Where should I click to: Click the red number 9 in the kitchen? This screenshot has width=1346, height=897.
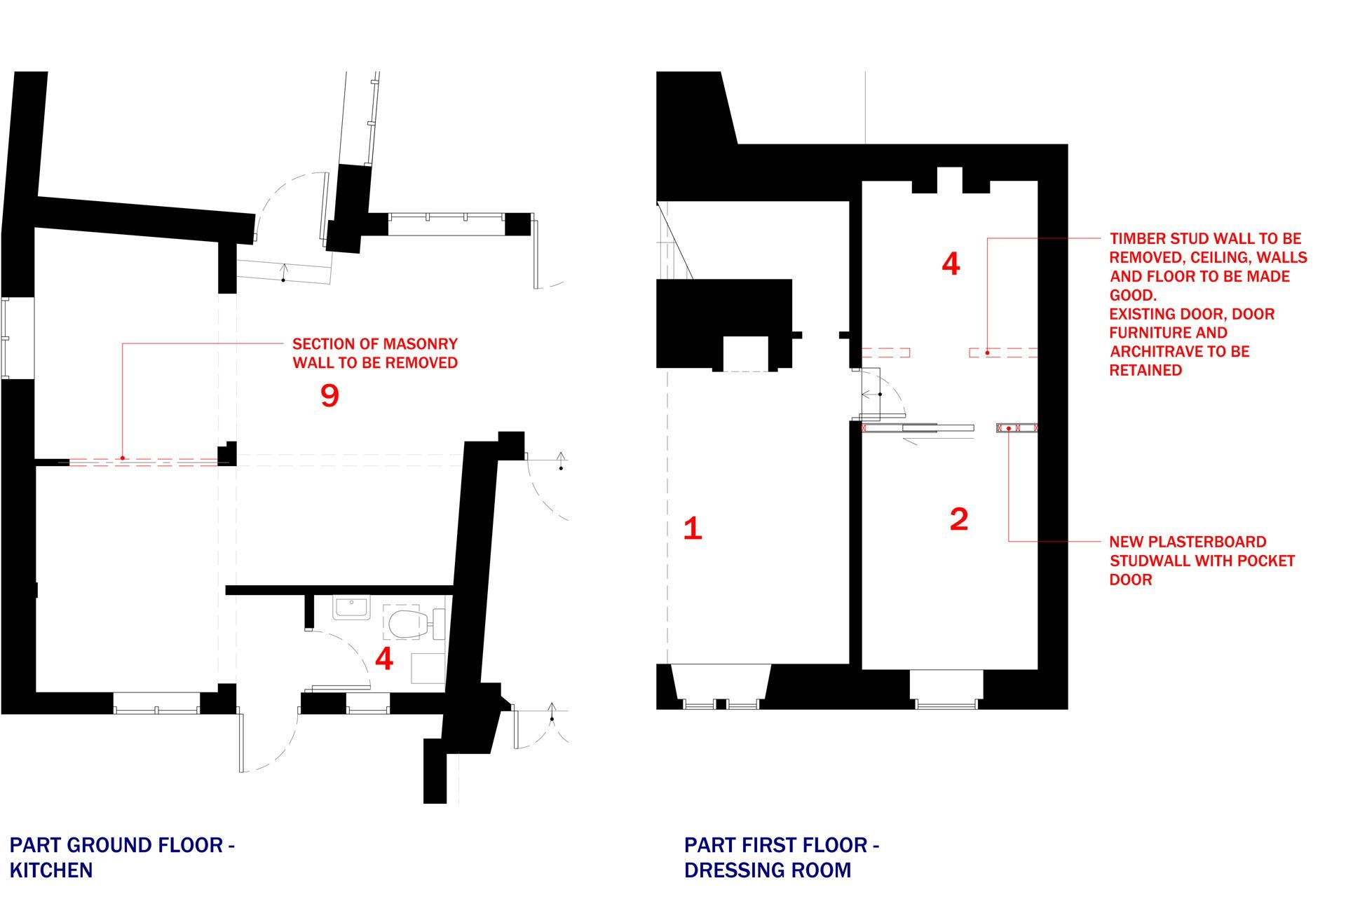(329, 396)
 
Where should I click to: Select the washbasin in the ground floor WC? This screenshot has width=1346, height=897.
(351, 608)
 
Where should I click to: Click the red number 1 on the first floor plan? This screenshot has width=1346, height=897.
(693, 528)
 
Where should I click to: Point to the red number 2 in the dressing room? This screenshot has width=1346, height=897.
(958, 519)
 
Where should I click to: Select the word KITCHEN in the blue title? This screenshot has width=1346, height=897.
(51, 870)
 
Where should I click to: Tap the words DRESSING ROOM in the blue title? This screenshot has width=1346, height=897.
(768, 870)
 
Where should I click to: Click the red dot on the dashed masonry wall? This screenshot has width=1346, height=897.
(123, 458)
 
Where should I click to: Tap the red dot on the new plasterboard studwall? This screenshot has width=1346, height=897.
(1009, 427)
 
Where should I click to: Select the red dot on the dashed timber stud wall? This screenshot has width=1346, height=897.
(988, 352)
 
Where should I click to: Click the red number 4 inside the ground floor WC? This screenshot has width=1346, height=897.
(384, 659)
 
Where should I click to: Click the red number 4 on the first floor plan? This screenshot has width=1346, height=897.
(951, 264)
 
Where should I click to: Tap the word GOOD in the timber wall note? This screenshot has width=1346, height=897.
(1131, 295)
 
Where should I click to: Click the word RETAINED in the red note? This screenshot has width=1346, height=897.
(1146, 371)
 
